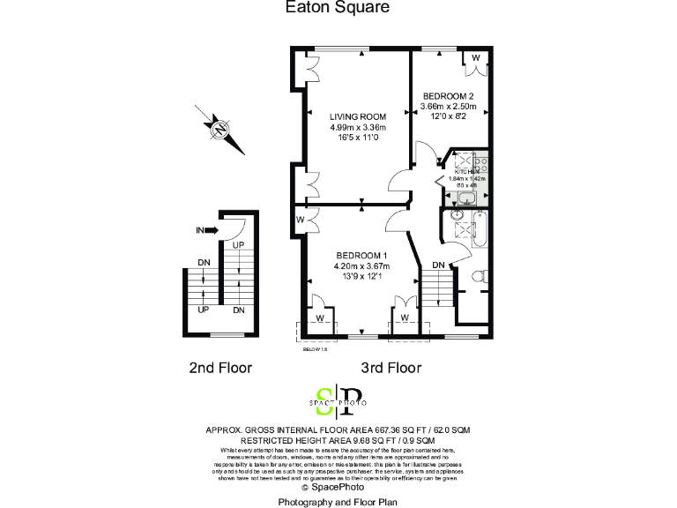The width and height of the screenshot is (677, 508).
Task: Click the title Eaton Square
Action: tap(338, 8)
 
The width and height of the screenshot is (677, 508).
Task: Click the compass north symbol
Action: tap(219, 129)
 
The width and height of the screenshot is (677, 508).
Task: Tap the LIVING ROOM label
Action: tap(358, 117)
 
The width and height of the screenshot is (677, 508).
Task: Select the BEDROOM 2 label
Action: tap(449, 96)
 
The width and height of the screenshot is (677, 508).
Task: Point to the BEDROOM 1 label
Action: tap(361, 256)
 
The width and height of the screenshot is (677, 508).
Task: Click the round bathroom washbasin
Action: tap(457, 214)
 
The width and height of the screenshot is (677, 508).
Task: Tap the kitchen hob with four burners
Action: tap(481, 162)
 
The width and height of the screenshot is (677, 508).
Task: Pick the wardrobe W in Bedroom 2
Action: tap(476, 58)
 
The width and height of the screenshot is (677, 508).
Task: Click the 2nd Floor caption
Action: tap(220, 368)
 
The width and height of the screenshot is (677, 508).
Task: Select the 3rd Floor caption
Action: tap(391, 368)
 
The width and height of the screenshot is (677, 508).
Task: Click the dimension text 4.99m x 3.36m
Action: tap(358, 128)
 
